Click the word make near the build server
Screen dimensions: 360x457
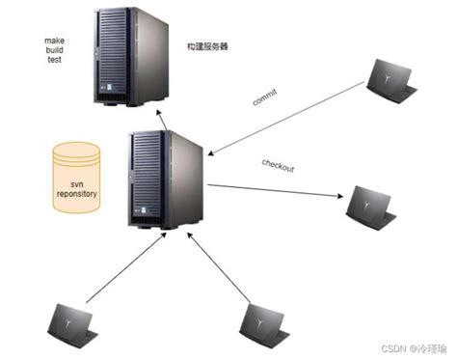point(54,42)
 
